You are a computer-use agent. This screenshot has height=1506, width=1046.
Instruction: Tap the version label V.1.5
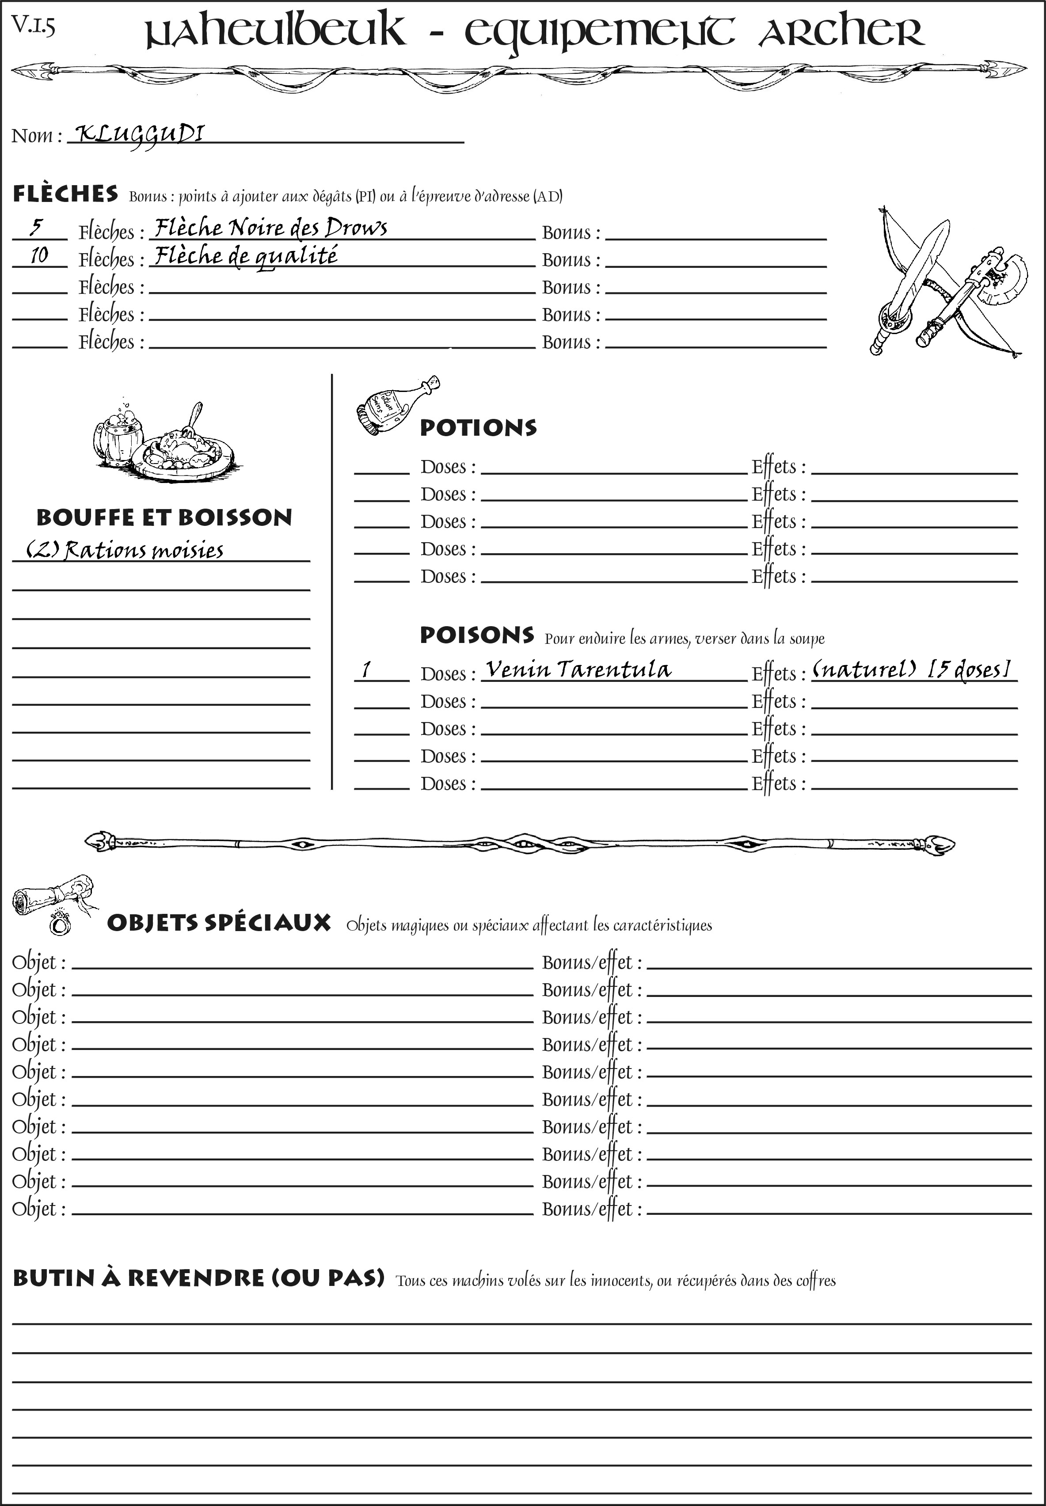[33, 26]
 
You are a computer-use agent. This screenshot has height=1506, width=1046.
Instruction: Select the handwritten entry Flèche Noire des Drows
[270, 228]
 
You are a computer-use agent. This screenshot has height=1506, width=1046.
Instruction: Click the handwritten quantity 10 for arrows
[39, 255]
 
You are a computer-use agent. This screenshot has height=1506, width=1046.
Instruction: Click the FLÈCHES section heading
[65, 194]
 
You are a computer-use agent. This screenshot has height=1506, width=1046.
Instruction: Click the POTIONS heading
[478, 428]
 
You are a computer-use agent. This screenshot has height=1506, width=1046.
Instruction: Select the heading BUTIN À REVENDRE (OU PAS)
[198, 1278]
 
